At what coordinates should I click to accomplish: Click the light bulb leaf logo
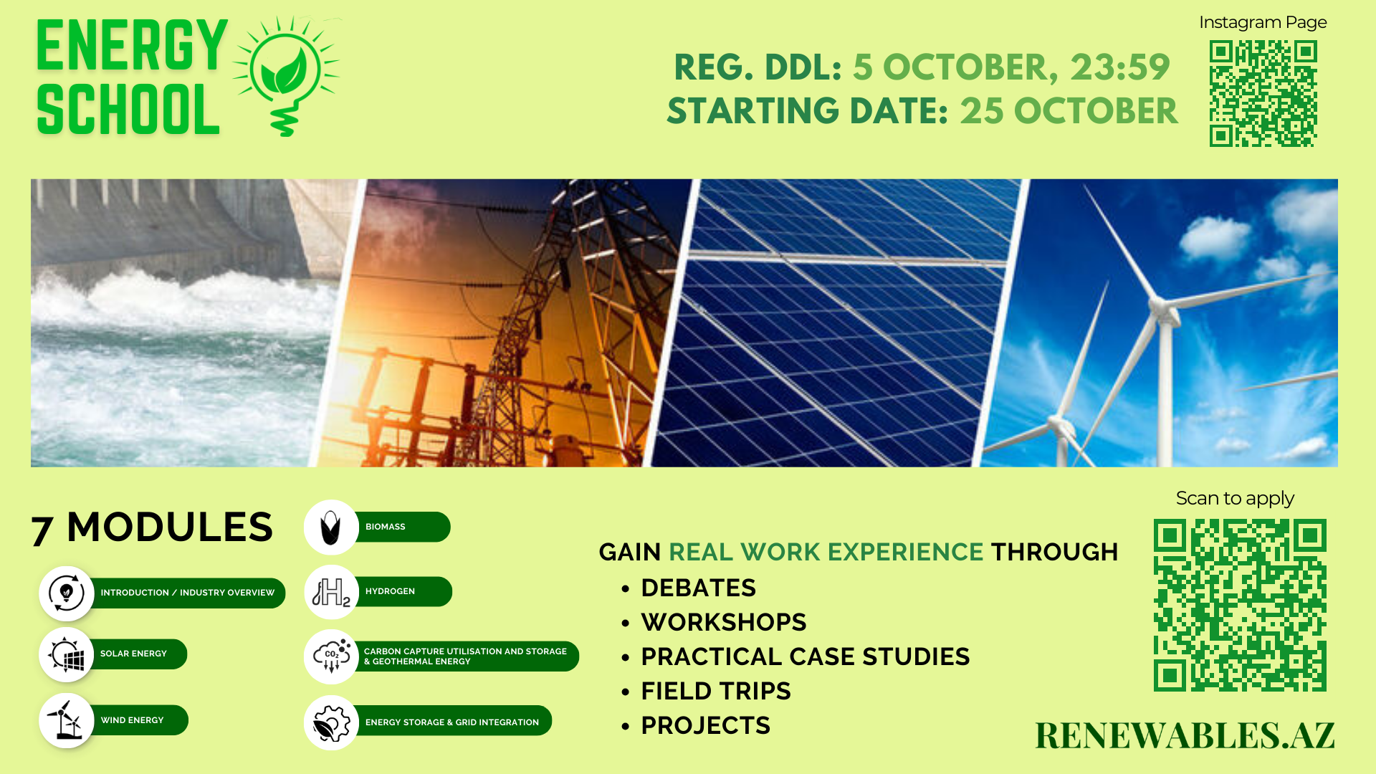tap(287, 75)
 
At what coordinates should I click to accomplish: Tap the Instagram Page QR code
tap(1263, 93)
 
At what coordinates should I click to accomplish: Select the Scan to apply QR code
tap(1240, 605)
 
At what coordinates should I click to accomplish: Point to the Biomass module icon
tap(330, 527)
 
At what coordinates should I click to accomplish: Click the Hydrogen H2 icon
tap(331, 592)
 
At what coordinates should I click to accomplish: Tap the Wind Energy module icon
tap(66, 720)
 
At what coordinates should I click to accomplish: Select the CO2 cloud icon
tap(331, 656)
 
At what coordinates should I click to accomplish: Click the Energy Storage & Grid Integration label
tap(452, 722)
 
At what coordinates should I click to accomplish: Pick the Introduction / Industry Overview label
tap(188, 593)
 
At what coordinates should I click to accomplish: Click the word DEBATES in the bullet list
tap(698, 588)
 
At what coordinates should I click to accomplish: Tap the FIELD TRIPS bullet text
tap(716, 692)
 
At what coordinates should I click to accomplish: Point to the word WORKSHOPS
tap(724, 623)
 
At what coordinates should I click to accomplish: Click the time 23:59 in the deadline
tap(1119, 67)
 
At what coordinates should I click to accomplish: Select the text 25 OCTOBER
tap(1069, 111)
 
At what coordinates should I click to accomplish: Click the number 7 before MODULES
tap(42, 530)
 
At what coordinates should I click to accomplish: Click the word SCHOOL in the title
tap(128, 110)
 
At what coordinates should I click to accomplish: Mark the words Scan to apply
tap(1235, 498)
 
